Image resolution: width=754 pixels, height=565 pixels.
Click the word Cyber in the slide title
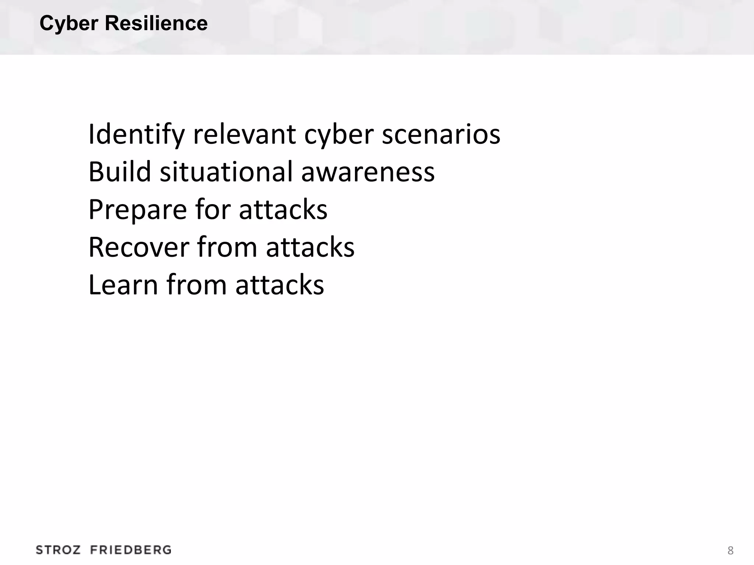tap(69, 24)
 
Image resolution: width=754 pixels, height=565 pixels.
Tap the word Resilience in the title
tap(156, 24)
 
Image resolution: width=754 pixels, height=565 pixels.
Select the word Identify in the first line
tap(136, 135)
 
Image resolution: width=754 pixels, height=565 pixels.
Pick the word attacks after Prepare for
tap(283, 210)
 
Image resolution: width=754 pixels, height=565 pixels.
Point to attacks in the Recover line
tap(310, 247)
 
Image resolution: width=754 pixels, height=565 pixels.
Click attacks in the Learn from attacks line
tap(280, 285)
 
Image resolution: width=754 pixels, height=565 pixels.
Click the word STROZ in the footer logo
tap(58, 550)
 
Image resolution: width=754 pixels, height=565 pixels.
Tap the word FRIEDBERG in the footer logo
tap(131, 550)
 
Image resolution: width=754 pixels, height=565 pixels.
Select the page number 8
tap(730, 551)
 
